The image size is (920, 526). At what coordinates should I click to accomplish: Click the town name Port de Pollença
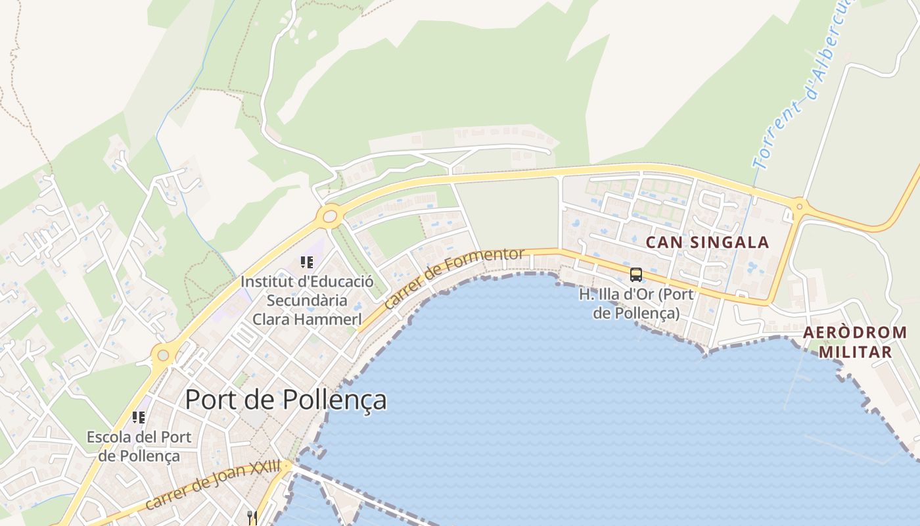pyautogui.click(x=286, y=400)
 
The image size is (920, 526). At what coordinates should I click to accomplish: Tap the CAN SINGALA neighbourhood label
pyautogui.click(x=707, y=242)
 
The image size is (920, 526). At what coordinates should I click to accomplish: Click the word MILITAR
pyautogui.click(x=855, y=352)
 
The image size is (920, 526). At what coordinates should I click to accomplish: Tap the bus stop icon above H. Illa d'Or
pyautogui.click(x=635, y=275)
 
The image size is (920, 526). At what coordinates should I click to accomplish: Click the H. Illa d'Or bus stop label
pyautogui.click(x=635, y=303)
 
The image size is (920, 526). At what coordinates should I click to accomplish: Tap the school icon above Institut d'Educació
pyautogui.click(x=306, y=263)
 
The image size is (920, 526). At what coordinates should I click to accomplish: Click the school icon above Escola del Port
pyautogui.click(x=138, y=418)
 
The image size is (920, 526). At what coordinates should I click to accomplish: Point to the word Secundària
pyautogui.click(x=307, y=300)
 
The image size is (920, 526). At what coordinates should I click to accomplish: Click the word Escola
pyautogui.click(x=108, y=437)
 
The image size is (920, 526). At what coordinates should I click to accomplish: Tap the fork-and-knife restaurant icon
pyautogui.click(x=251, y=517)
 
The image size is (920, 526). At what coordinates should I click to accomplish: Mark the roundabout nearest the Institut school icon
pyautogui.click(x=329, y=216)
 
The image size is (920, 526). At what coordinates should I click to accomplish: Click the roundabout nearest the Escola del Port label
pyautogui.click(x=162, y=356)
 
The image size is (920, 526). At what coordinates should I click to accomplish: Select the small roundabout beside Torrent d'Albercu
pyautogui.click(x=799, y=206)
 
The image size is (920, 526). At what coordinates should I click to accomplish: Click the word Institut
pyautogui.click(x=265, y=281)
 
